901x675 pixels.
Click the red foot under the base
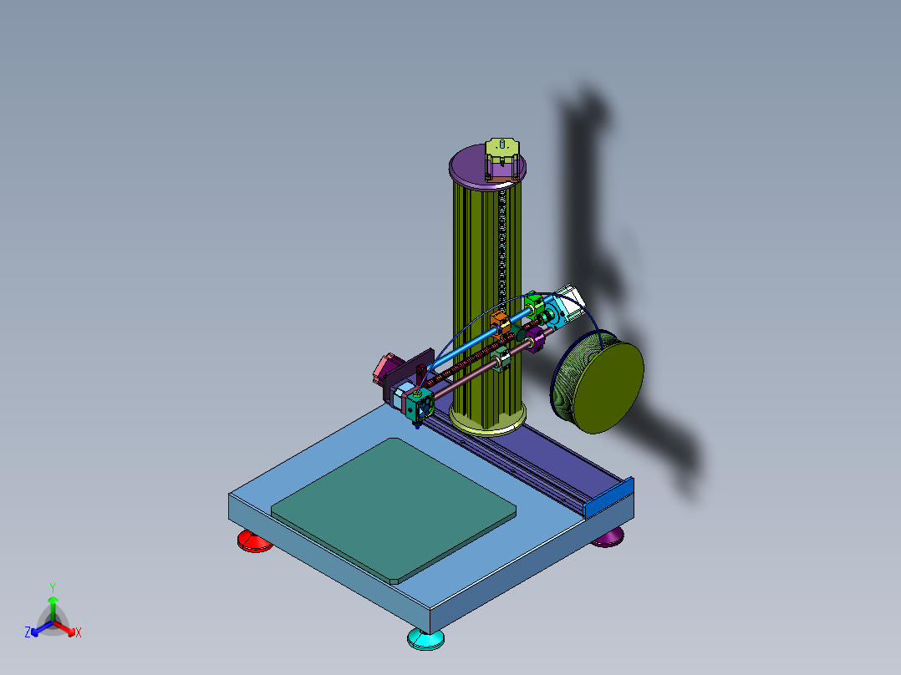(x=254, y=542)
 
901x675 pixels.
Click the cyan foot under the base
(x=425, y=640)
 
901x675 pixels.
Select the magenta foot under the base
(x=608, y=538)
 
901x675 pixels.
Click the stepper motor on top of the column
(x=501, y=159)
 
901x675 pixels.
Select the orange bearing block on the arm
(x=499, y=322)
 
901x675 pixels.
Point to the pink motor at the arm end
(x=386, y=368)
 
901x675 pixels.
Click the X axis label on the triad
(x=79, y=633)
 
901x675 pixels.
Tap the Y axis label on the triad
(x=52, y=587)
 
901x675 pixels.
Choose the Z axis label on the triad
(x=28, y=633)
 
